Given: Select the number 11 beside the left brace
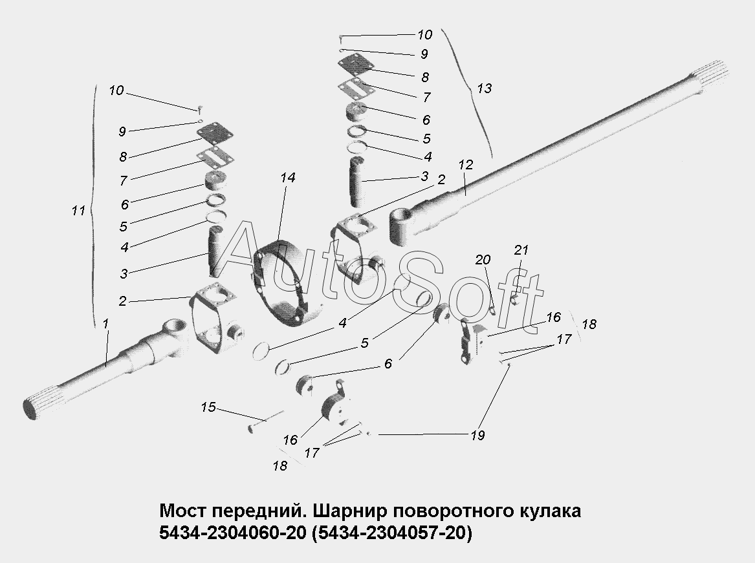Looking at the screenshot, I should point(79,211).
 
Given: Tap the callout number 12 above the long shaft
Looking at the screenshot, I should point(466,165).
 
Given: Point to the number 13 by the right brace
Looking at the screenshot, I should point(484,89).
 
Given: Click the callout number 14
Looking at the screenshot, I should point(288,177).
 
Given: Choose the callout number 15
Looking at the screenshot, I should point(208,407).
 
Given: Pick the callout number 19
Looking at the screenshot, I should point(478,435).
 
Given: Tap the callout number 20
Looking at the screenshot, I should point(483,260).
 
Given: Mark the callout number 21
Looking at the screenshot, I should point(521,250).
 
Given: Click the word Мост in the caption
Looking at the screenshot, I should point(182,511).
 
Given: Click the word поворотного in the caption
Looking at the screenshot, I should point(445,511).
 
